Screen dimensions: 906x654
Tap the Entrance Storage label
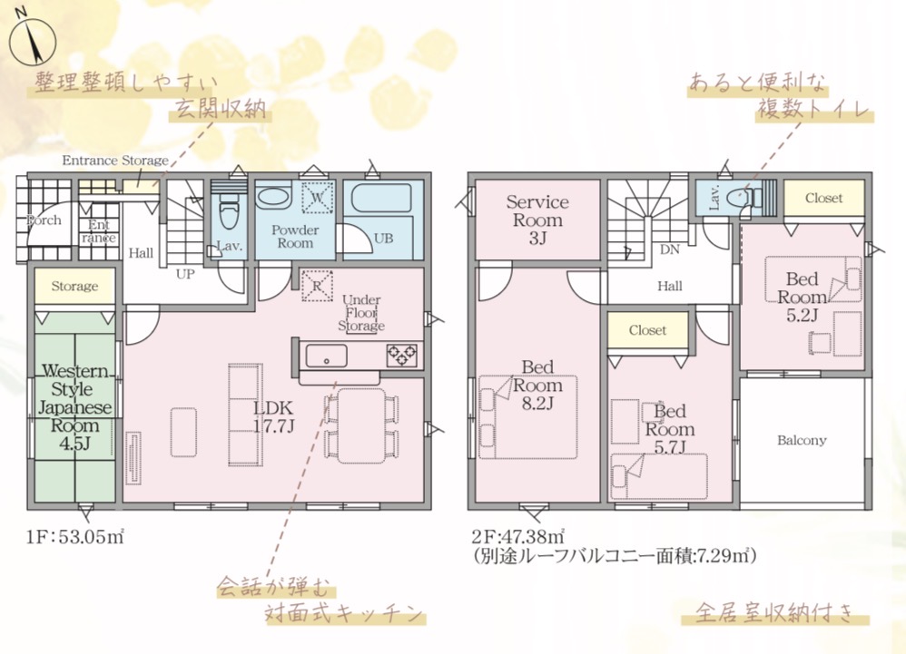115,161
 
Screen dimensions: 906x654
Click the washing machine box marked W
317,198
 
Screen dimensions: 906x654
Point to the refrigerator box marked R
317,286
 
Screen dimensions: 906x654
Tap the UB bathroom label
384,238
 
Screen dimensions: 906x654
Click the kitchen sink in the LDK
327,356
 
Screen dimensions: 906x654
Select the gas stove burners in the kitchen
402,355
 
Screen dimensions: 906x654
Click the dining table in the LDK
361,426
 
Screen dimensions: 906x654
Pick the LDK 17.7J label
274,416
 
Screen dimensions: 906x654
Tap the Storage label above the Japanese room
74,287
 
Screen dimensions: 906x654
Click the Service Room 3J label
537,220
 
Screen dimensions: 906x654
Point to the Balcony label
802,441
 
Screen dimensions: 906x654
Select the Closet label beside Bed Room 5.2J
824,198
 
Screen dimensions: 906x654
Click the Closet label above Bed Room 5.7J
647,330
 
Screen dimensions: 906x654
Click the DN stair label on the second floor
670,250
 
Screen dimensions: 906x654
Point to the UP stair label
185,274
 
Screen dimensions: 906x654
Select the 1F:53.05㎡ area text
75,537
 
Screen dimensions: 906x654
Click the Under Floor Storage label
361,313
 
